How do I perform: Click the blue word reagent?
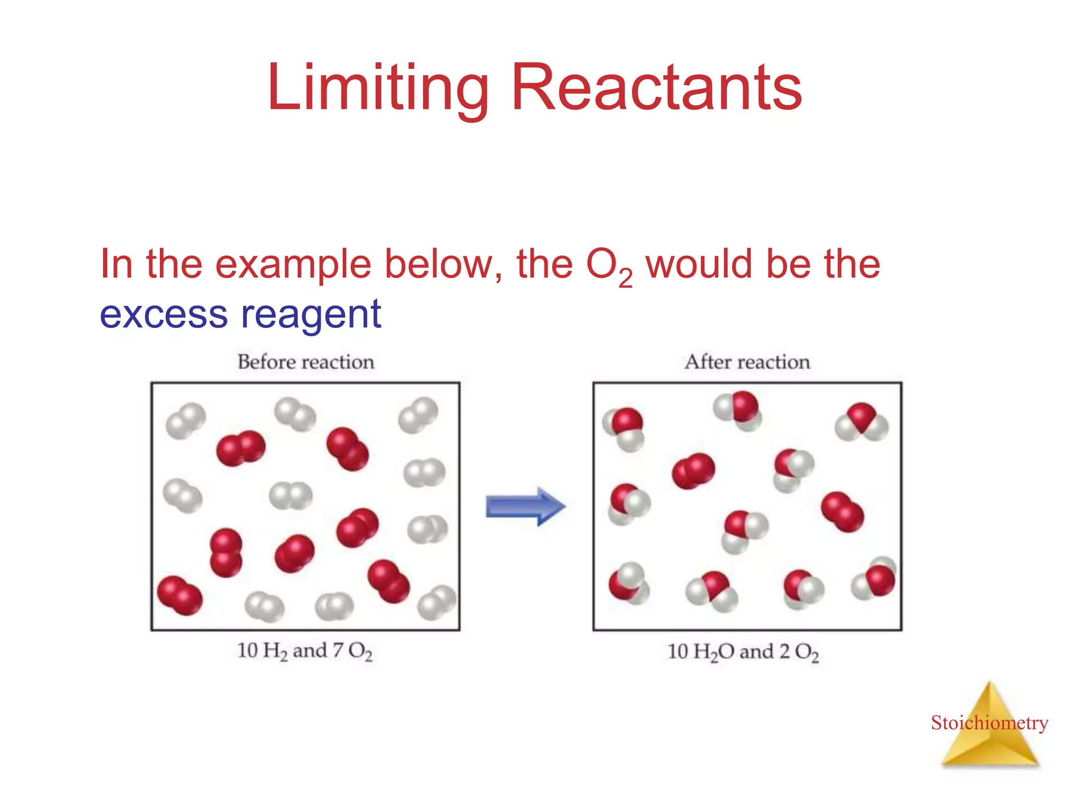[x=311, y=315]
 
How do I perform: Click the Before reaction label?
[x=306, y=362]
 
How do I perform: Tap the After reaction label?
[x=747, y=362]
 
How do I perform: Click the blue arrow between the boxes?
[x=525, y=506]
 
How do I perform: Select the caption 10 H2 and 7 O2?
[x=305, y=651]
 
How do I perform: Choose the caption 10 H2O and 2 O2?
[x=743, y=652]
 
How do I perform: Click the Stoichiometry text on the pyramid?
[x=989, y=723]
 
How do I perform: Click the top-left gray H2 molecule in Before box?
[x=185, y=420]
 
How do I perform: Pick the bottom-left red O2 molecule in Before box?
[x=179, y=595]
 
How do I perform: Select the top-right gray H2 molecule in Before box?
[x=418, y=415]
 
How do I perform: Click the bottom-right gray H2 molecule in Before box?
[x=437, y=602]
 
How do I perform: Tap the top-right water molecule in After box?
[x=862, y=421]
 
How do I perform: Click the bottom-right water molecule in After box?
[x=874, y=580]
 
